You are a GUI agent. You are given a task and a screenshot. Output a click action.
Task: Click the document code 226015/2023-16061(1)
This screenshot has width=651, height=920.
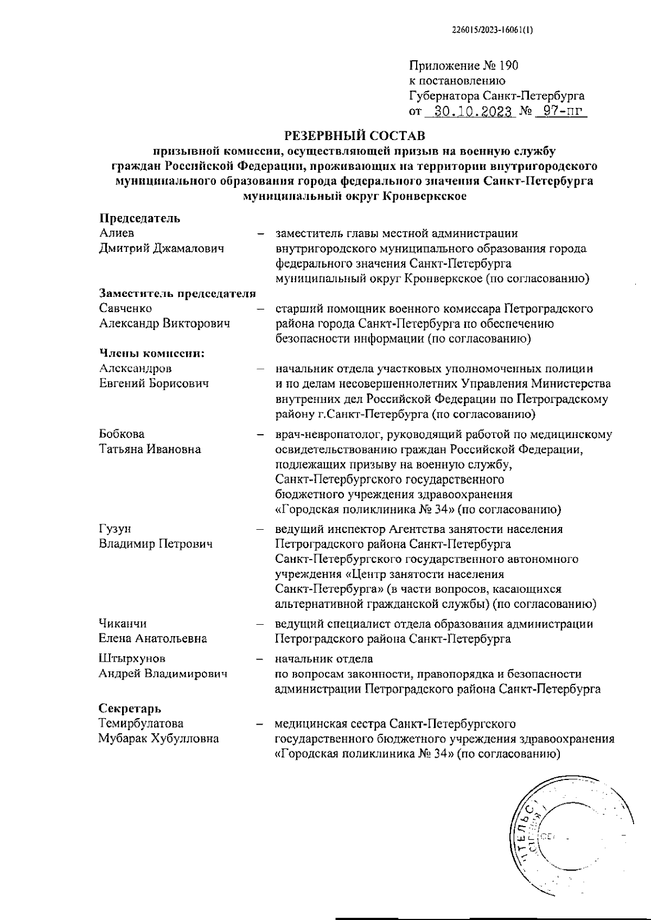click(492, 30)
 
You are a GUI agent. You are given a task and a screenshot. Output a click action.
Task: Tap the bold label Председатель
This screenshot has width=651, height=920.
click(139, 218)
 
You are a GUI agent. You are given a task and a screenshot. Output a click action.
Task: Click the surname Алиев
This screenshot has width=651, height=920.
click(117, 233)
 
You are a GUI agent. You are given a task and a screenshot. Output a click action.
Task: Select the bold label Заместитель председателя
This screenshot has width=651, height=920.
click(177, 294)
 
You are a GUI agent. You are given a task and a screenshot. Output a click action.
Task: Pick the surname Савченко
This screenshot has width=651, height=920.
click(125, 308)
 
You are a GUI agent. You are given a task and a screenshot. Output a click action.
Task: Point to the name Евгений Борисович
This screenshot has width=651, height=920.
click(154, 383)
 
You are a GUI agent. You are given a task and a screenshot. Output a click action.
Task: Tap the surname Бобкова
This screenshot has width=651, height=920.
click(122, 434)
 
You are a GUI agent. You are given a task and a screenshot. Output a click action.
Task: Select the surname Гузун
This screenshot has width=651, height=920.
click(115, 529)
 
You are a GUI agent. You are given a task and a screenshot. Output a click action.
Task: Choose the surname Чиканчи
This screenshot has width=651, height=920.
click(123, 624)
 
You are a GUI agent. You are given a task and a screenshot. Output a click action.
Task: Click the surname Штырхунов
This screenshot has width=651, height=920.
click(132, 658)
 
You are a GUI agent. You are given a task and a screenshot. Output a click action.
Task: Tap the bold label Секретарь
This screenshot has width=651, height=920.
click(130, 708)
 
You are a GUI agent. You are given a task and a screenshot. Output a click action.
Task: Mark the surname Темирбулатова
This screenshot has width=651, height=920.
click(141, 723)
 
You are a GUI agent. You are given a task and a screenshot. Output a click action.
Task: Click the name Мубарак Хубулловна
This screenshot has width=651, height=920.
click(158, 738)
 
